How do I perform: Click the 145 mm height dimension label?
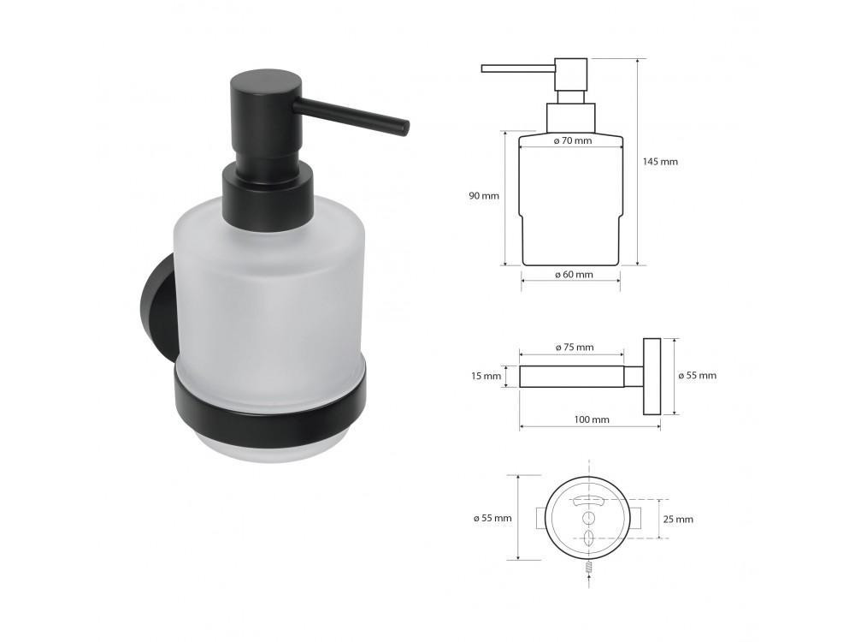tap(660, 162)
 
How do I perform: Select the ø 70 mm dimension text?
tap(573, 141)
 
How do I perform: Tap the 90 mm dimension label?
tap(484, 195)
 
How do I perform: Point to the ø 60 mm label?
tap(574, 275)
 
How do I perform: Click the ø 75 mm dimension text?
tap(575, 348)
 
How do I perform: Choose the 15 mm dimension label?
tap(486, 376)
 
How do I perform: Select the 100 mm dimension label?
tap(592, 419)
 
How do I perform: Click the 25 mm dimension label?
tap(678, 520)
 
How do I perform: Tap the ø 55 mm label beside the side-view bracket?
tap(698, 376)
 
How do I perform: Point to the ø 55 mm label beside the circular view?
tap(492, 518)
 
